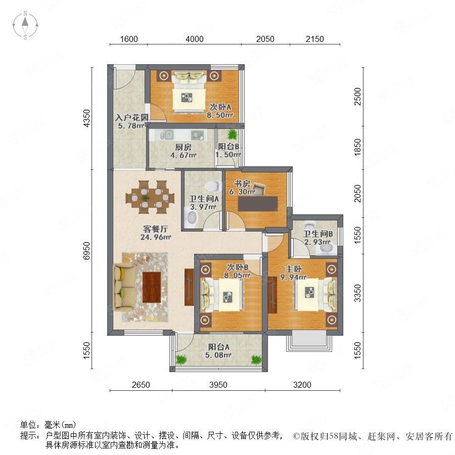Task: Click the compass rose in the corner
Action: click(25, 25)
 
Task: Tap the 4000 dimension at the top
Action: click(195, 39)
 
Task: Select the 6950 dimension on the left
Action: click(87, 251)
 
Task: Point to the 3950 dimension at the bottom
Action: click(218, 385)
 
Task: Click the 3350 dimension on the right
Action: click(358, 293)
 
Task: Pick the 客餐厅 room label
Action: click(156, 229)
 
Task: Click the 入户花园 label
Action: click(132, 117)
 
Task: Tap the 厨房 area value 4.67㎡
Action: click(184, 155)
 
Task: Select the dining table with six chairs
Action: click(150, 197)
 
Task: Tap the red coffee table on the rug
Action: click(152, 287)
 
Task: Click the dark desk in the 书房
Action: click(258, 203)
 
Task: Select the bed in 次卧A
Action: click(189, 92)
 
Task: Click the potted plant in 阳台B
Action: click(232, 134)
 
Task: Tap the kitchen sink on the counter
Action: click(167, 134)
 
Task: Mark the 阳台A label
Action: click(219, 347)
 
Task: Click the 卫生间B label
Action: click(318, 234)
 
